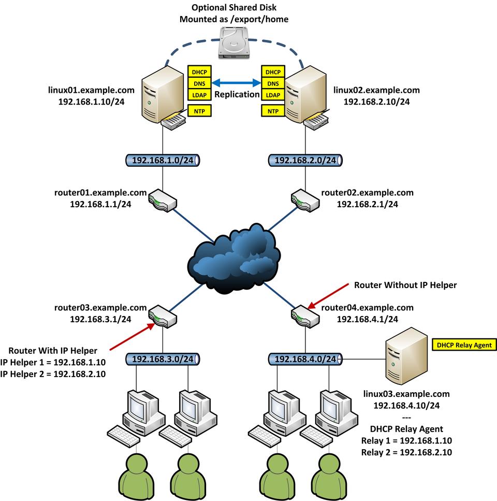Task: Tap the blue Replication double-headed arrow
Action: tap(235, 82)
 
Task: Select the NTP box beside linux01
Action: tap(197, 110)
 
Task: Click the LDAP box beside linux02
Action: tap(272, 95)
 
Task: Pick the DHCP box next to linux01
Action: tap(197, 72)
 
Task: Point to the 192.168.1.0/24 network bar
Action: tap(163, 161)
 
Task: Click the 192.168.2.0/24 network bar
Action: tap(305, 161)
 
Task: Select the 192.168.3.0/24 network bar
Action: tap(163, 359)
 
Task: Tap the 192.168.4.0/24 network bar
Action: tap(305, 359)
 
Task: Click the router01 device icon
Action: tap(163, 200)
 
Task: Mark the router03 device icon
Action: tap(163, 316)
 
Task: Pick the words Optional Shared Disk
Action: tap(234, 8)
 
